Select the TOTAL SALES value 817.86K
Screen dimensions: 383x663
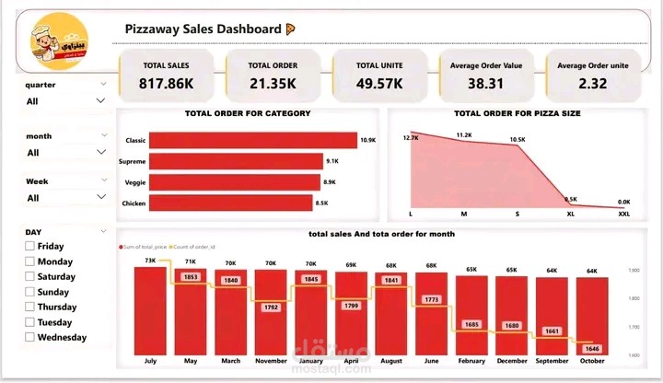tap(167, 82)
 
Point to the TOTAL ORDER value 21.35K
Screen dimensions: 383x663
tap(273, 82)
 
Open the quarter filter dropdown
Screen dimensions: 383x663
tap(100, 101)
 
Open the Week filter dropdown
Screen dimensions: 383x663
tap(100, 198)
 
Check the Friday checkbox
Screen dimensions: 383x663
tap(30, 247)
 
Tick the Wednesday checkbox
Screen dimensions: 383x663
tap(30, 337)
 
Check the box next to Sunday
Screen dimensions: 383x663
tap(30, 292)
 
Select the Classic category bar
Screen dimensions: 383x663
tap(252, 140)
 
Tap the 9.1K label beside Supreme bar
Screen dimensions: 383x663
tap(331, 161)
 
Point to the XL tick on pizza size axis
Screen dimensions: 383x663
tap(571, 214)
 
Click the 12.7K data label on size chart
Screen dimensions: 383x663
tap(411, 137)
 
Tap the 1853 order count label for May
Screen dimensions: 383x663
tap(191, 276)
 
